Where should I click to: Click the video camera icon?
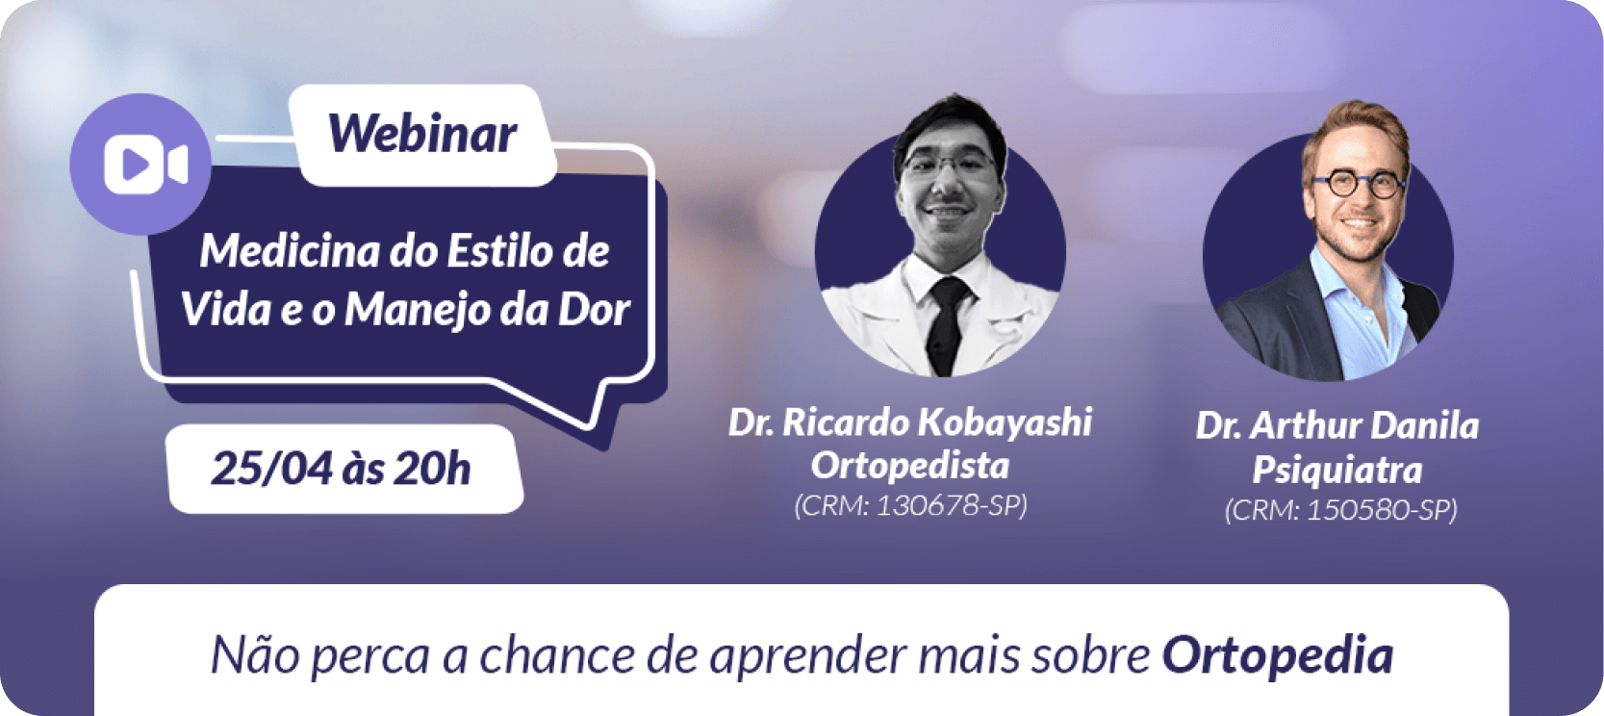click(x=145, y=166)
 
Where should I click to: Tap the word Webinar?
click(x=422, y=134)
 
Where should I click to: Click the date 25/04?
click(x=272, y=469)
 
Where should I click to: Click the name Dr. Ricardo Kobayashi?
click(x=910, y=422)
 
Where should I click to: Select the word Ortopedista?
click(x=910, y=466)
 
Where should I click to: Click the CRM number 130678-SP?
click(x=948, y=505)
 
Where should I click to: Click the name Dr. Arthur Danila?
click(x=1337, y=426)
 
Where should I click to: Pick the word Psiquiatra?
click(x=1337, y=470)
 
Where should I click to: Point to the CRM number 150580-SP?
click(x=1379, y=510)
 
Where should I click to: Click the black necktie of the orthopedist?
click(x=950, y=326)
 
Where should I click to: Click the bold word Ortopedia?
click(x=1278, y=656)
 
